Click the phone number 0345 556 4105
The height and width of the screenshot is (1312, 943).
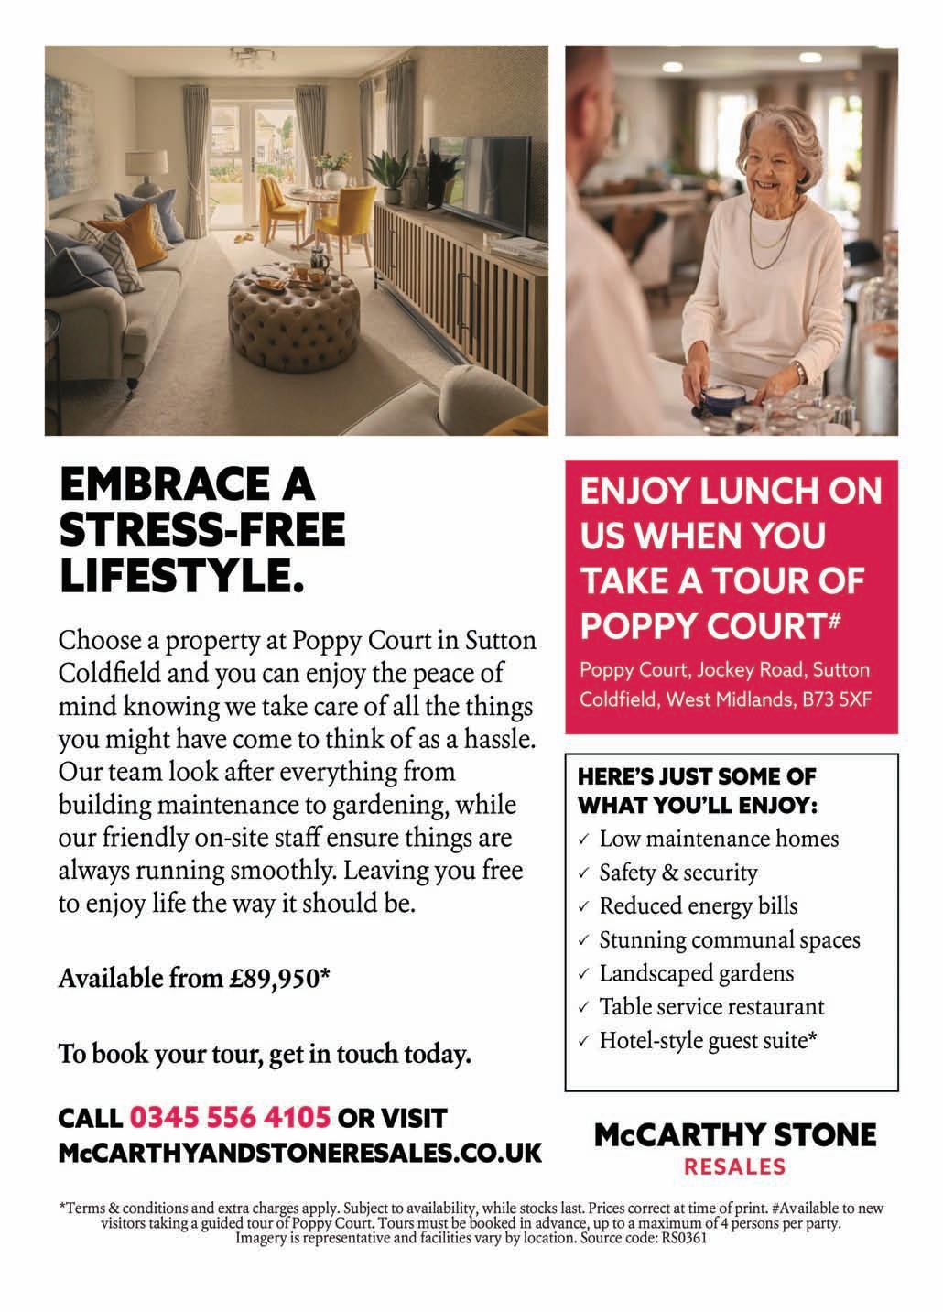pyautogui.click(x=230, y=1118)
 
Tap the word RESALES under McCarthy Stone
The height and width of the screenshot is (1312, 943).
pyautogui.click(x=735, y=1166)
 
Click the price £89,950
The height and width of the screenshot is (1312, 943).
pyautogui.click(x=276, y=979)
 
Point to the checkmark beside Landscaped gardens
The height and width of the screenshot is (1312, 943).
pyautogui.click(x=584, y=974)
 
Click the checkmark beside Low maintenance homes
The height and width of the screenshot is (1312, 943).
pyautogui.click(x=584, y=840)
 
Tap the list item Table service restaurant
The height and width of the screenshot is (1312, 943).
pyautogui.click(x=711, y=1007)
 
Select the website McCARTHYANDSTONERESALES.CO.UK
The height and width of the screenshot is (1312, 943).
pyautogui.click(x=299, y=1152)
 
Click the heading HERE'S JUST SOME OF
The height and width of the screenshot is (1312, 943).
pyautogui.click(x=697, y=777)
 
